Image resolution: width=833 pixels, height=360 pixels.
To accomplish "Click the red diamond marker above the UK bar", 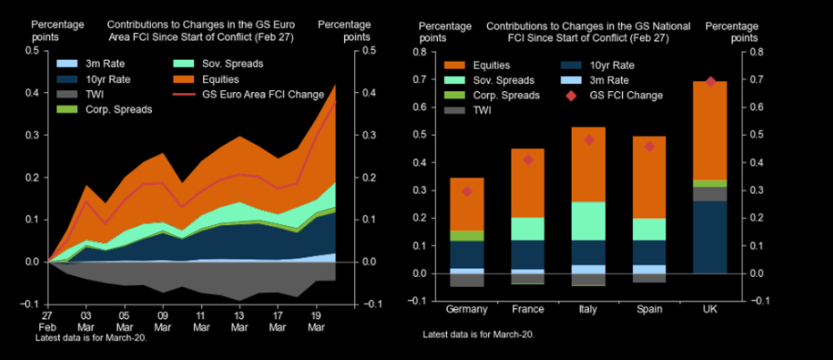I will click(711, 81).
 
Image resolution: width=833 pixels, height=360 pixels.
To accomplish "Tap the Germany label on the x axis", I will click(467, 309).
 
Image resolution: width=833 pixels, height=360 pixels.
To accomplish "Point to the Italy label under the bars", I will click(589, 309).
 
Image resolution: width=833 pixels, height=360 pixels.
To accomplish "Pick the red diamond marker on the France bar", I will click(528, 160).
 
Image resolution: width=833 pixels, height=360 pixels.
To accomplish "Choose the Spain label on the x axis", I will click(650, 309).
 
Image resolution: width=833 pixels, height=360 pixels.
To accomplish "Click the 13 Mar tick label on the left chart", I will click(239, 321).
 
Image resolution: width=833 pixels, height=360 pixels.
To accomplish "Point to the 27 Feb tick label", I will click(46, 321).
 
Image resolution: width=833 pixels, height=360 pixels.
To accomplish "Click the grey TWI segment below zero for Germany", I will click(467, 280).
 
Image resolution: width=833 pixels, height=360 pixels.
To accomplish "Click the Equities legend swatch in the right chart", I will click(453, 64).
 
